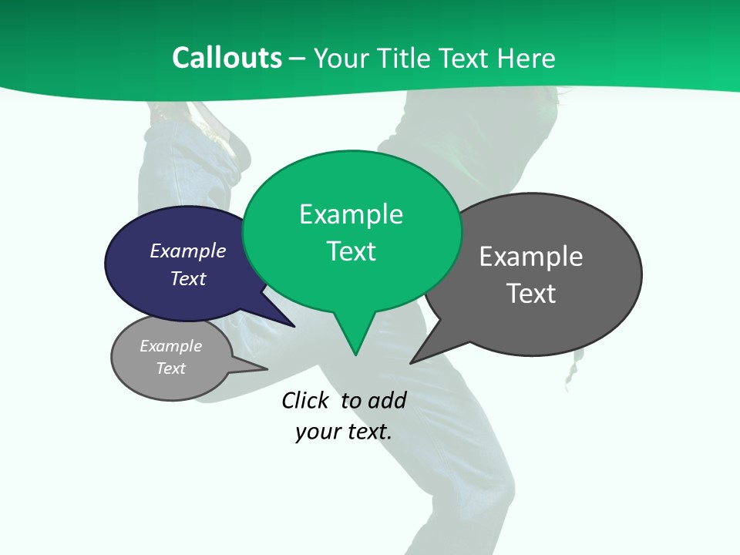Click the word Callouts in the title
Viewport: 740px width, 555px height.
click(x=227, y=58)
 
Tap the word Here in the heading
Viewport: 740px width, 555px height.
click(x=526, y=58)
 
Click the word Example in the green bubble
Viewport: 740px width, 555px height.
click(x=351, y=214)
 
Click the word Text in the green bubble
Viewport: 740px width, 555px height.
click(x=351, y=251)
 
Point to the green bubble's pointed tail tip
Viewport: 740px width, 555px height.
click(x=355, y=355)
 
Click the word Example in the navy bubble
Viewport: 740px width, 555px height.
click(x=188, y=251)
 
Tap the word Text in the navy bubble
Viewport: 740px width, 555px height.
click(x=188, y=278)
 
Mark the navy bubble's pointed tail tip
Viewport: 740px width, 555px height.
click(x=294, y=327)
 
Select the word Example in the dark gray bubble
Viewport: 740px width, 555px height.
click(x=531, y=256)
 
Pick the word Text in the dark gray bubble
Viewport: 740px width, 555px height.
click(x=531, y=294)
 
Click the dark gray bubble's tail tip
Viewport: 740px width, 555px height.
click(x=411, y=362)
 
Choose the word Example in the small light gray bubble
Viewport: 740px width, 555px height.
click(x=170, y=346)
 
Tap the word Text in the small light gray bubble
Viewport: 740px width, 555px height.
click(x=170, y=368)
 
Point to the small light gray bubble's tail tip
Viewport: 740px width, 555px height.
click(x=267, y=368)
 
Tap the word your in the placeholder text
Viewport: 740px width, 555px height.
click(x=317, y=432)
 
